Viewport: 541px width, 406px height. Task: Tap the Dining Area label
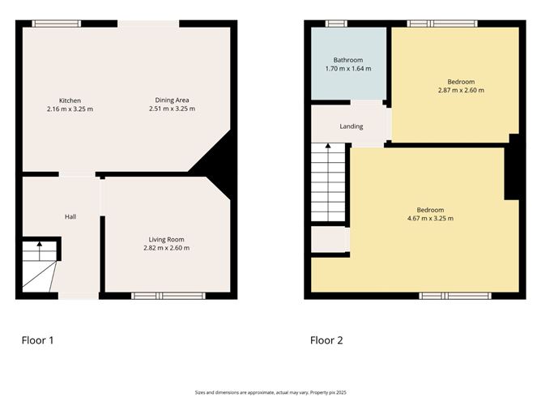point(173,100)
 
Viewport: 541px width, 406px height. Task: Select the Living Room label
point(167,239)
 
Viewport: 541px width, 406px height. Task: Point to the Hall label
point(71,216)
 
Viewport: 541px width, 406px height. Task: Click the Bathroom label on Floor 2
point(348,60)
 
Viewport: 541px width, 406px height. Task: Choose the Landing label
point(351,126)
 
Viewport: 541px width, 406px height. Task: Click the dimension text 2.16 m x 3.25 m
point(70,109)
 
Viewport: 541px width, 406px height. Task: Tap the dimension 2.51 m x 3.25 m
point(175,109)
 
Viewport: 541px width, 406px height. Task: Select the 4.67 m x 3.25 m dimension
point(431,218)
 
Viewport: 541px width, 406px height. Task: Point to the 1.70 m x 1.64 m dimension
point(348,69)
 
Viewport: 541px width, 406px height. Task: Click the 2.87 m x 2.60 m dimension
point(461,90)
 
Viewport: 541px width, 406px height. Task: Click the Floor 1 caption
point(37,340)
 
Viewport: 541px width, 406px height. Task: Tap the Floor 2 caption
point(326,340)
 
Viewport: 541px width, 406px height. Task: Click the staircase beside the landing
point(329,182)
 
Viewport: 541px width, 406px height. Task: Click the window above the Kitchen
point(57,24)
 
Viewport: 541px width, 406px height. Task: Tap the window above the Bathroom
point(331,24)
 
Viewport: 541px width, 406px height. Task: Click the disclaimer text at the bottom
point(270,391)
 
